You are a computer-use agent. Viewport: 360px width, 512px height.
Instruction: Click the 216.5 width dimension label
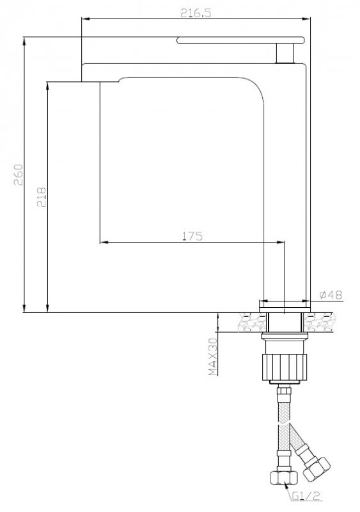(x=196, y=13)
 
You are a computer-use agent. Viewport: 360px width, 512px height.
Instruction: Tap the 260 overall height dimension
(x=19, y=175)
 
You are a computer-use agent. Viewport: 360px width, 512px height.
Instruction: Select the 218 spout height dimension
(x=42, y=197)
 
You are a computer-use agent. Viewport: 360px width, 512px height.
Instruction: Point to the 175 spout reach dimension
(x=192, y=236)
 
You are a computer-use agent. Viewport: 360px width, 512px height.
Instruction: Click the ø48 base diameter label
(x=331, y=295)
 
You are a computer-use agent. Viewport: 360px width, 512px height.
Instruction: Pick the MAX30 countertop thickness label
(x=213, y=356)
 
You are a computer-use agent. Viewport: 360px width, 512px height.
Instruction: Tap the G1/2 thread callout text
(x=306, y=497)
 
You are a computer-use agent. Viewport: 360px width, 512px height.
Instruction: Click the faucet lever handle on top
(x=240, y=40)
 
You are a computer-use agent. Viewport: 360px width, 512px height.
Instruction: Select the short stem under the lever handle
(x=285, y=53)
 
